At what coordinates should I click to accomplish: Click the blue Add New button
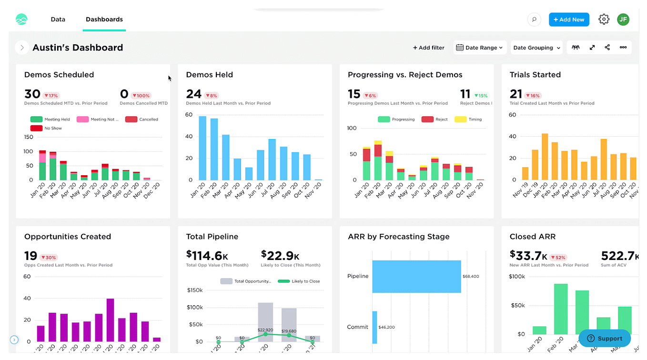pyautogui.click(x=569, y=20)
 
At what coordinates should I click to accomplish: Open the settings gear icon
pyautogui.click(x=604, y=20)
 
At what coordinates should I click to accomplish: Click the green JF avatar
pyautogui.click(x=623, y=20)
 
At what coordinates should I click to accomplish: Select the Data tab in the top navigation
pyautogui.click(x=58, y=20)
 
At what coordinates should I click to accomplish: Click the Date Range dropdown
pyautogui.click(x=479, y=48)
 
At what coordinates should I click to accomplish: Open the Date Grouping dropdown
pyautogui.click(x=536, y=48)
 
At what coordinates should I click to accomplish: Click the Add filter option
pyautogui.click(x=428, y=48)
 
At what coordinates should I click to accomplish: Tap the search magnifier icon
pyautogui.click(x=534, y=20)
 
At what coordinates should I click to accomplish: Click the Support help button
pyautogui.click(x=605, y=338)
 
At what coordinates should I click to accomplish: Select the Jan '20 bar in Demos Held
pyautogui.click(x=202, y=148)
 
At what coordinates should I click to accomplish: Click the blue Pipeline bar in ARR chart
pyautogui.click(x=416, y=276)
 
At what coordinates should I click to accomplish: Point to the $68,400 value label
pyautogui.click(x=471, y=276)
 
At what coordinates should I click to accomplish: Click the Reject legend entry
pyautogui.click(x=435, y=119)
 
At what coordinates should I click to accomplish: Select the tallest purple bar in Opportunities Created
pyautogui.click(x=111, y=320)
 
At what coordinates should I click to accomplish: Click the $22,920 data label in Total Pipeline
pyautogui.click(x=265, y=330)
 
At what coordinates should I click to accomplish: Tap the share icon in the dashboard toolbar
pyautogui.click(x=607, y=48)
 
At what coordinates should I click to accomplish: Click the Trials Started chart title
pyautogui.click(x=535, y=75)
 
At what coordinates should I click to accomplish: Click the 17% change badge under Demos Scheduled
pyautogui.click(x=51, y=95)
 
